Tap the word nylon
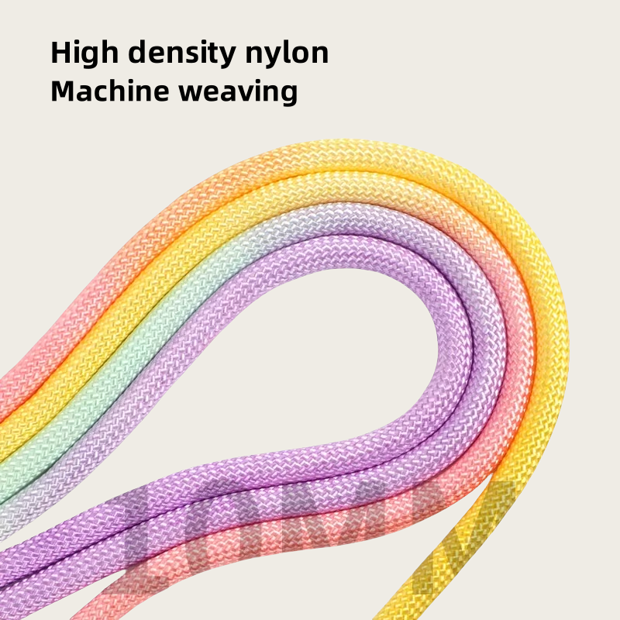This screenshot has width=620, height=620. (x=291, y=53)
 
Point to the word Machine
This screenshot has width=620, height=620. (x=109, y=91)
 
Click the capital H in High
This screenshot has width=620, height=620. (x=61, y=52)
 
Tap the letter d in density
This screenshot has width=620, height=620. (x=136, y=53)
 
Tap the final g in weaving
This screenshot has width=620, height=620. (x=288, y=95)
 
